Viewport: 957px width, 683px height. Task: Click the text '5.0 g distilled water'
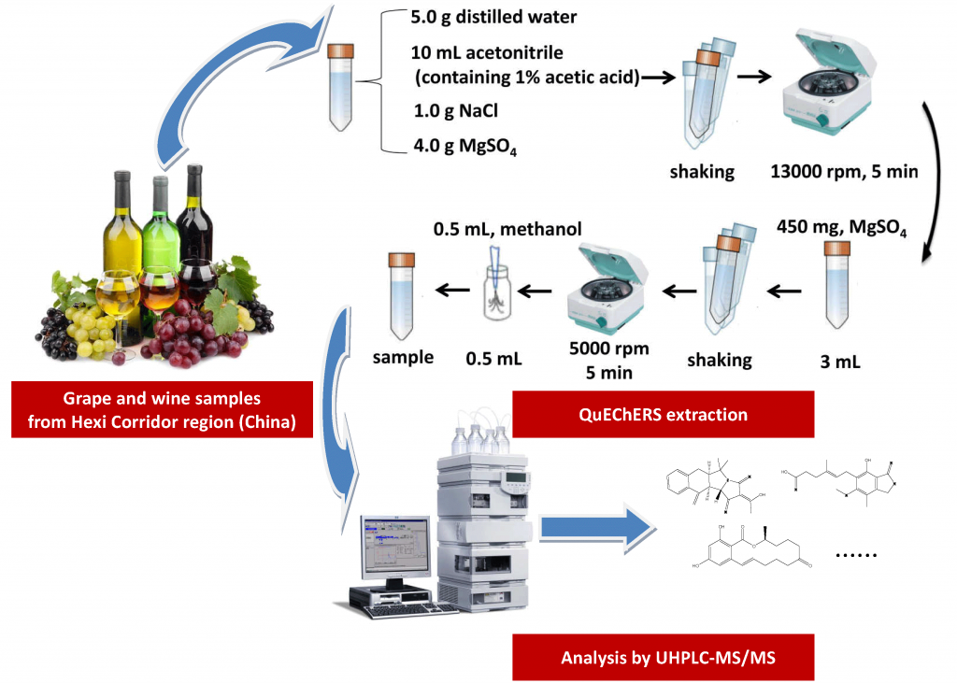[x=494, y=16]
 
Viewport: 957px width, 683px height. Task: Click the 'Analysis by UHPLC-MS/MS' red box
[x=663, y=658]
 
